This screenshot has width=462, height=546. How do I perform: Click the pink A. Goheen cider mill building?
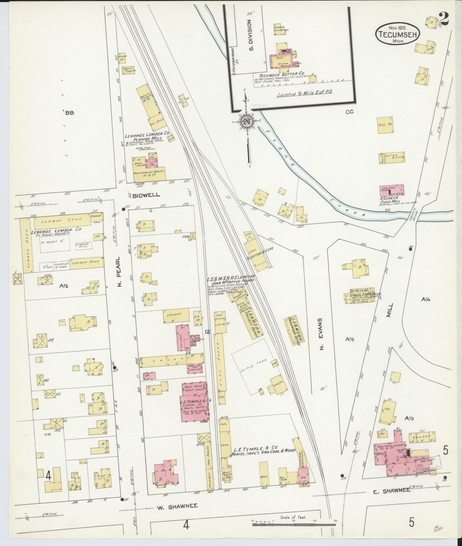click(392, 190)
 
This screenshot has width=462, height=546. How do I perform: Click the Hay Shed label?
click(155, 120)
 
